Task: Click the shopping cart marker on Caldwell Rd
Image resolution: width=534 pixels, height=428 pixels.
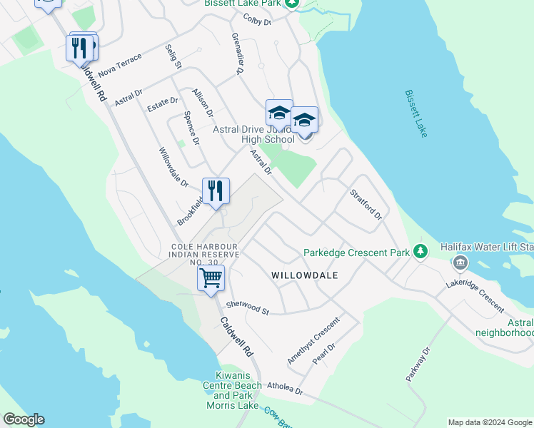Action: coord(211,278)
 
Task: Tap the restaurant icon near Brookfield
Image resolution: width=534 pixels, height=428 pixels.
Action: coord(216,191)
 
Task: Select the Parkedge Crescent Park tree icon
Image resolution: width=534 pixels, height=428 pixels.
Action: coord(420,251)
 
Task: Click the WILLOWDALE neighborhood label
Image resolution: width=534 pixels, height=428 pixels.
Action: coord(304,275)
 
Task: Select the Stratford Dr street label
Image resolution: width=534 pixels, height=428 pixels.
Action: coord(366,205)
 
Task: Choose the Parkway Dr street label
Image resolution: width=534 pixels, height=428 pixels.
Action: coord(418,365)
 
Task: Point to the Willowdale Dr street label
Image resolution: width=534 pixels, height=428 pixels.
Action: coord(173,168)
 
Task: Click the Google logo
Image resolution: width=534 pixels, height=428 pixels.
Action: coord(24,419)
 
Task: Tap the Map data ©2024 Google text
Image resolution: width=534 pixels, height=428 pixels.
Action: coord(490,422)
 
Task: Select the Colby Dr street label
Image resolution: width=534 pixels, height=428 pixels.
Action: coord(258,20)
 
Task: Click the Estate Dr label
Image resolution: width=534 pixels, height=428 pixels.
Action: coord(162,104)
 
